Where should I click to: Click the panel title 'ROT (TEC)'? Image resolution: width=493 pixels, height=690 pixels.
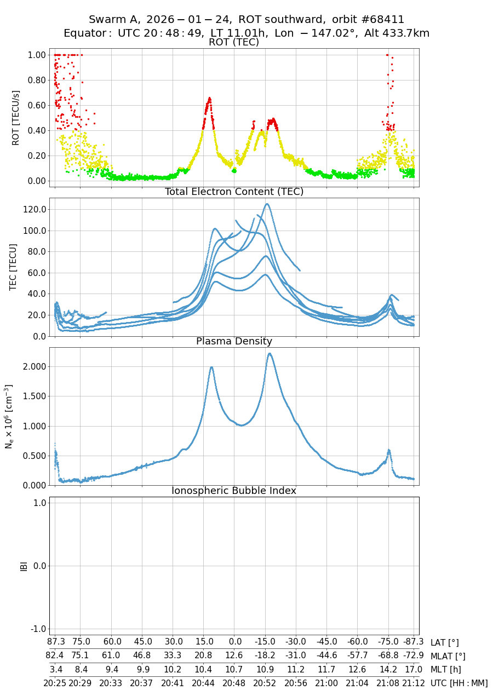[234, 43]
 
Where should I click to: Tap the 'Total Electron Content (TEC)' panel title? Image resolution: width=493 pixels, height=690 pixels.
[234, 192]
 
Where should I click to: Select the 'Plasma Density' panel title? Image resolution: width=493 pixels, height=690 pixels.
[234, 341]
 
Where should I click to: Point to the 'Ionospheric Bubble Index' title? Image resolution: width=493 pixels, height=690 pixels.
[234, 491]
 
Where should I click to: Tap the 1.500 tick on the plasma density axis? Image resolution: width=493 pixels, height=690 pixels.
[33, 396]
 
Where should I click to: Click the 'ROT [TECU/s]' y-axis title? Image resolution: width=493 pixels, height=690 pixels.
[16, 118]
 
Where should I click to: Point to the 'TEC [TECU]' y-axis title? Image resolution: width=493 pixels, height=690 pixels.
[14, 267]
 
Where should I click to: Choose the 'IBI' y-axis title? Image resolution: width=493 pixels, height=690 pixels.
[24, 566]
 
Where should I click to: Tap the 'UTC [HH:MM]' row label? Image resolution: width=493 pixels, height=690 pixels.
[459, 683]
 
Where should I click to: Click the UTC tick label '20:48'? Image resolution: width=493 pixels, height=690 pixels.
[234, 683]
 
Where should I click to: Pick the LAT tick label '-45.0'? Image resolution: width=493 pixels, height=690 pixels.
[326, 642]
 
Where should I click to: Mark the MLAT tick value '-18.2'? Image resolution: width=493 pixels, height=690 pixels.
[265, 656]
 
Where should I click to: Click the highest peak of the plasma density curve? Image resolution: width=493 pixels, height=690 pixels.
[270, 353]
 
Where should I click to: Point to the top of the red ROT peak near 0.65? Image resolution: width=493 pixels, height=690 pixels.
[209, 98]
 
